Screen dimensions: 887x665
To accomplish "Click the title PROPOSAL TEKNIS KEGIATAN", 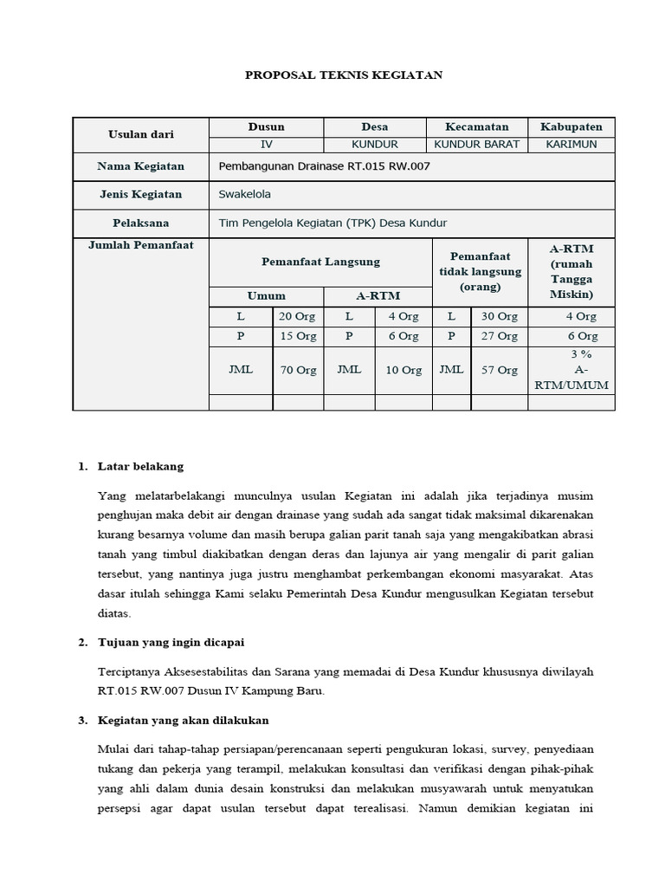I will coord(344,75).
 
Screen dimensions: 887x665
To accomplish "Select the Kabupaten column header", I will coord(571,126).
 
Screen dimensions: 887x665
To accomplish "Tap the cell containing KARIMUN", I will coord(571,145).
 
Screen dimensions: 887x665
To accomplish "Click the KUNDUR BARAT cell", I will coord(476,145).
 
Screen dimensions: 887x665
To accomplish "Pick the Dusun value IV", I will coord(266,145).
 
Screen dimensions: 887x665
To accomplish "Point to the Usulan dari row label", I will coord(140,134).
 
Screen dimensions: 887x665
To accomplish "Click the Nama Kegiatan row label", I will coord(140,165).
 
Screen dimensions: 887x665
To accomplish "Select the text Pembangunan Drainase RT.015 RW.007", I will coord(324,165).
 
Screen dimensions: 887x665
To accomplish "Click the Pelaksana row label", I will coord(140,223).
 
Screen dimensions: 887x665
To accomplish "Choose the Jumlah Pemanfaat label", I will coord(140,245).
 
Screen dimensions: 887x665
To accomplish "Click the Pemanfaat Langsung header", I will coord(320,262).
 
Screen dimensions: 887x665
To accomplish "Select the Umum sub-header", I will coord(266,295).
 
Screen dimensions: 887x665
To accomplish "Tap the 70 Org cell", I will coord(297,370).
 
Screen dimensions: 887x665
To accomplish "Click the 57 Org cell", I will coord(499,370).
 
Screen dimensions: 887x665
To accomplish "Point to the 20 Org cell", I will coord(297,316).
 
